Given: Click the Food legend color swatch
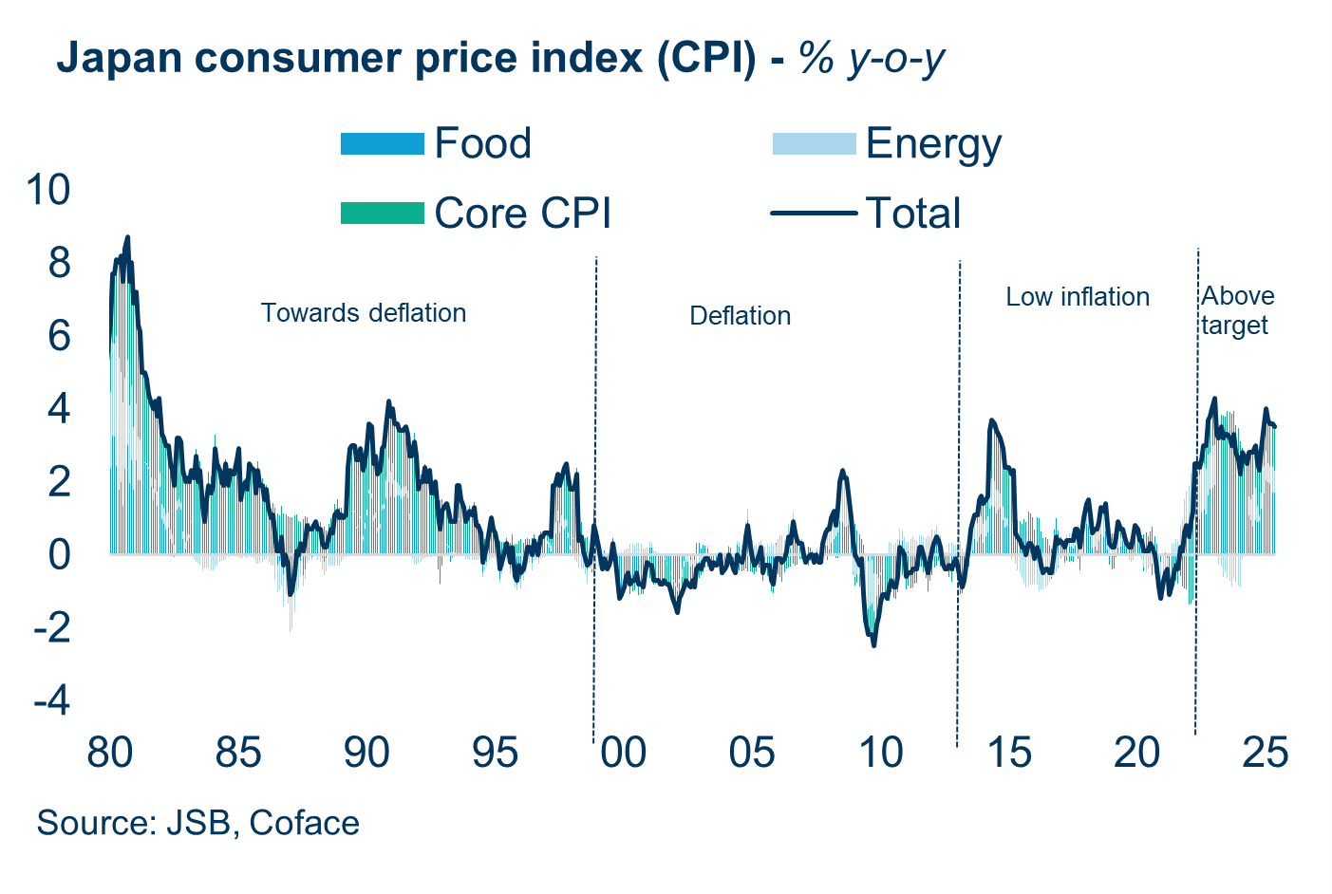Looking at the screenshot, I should pos(382,144).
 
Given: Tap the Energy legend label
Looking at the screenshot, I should pos(933,144).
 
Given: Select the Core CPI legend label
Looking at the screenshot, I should pos(522,214).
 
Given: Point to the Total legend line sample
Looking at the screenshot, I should pos(814,214).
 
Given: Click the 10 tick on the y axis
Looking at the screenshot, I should pos(48,190).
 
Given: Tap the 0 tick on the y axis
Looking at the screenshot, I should pos(60,554).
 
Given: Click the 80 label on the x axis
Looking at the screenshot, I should pos(109,753).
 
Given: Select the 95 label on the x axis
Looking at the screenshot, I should pos(495,753).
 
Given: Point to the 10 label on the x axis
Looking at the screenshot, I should pos(880,753).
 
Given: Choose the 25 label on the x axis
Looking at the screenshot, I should pos(1266,753).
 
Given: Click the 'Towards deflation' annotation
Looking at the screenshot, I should pos(364,313).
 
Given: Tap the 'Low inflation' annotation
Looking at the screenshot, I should pos(1078,297).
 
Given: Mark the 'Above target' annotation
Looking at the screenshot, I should pos(1236,310).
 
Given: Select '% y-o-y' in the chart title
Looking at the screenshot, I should pos(872,58).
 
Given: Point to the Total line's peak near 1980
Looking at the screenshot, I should pos(127,237).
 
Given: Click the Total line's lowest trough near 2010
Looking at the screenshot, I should pos(873,645).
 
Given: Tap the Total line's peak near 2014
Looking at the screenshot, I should pos(991,420).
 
